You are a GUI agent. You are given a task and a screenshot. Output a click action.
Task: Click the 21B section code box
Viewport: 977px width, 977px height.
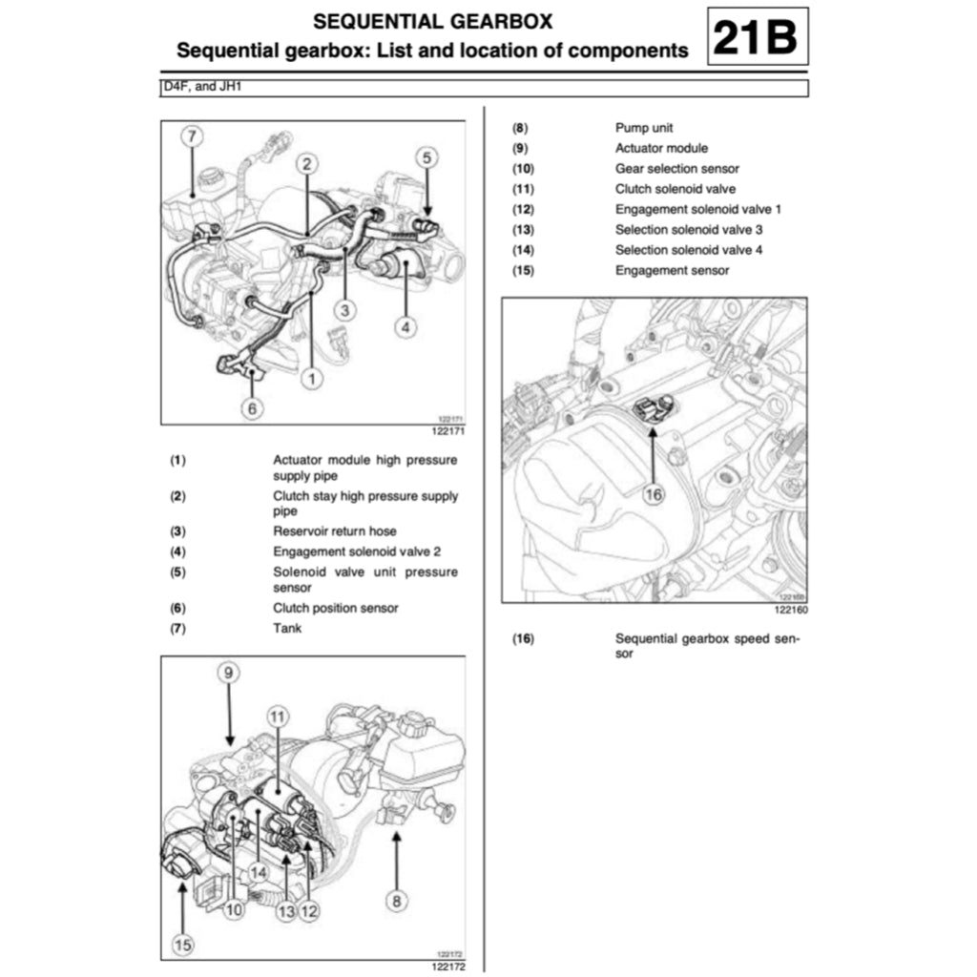(x=758, y=37)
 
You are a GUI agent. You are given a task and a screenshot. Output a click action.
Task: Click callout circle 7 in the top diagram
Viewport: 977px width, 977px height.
(x=192, y=136)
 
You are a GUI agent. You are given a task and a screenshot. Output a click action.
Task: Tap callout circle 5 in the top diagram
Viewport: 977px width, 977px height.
(x=426, y=157)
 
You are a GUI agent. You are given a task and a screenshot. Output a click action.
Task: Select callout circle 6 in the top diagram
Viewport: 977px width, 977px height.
(x=252, y=408)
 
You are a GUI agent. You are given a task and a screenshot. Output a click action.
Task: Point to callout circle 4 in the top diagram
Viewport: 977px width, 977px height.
(x=405, y=327)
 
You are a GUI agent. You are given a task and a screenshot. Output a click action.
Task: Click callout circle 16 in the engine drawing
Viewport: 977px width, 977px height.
(x=653, y=494)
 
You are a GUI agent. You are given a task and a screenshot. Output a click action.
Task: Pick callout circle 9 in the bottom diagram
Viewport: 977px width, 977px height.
(x=228, y=674)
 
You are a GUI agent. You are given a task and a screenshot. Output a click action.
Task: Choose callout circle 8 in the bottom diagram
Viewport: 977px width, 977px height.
(x=396, y=899)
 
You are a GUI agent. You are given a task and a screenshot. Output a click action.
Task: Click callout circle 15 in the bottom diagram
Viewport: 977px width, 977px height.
(x=182, y=945)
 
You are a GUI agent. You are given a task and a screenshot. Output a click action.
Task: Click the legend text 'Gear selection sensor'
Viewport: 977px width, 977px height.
(x=676, y=169)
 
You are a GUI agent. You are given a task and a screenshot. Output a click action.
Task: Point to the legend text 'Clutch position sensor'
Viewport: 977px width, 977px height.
(x=336, y=608)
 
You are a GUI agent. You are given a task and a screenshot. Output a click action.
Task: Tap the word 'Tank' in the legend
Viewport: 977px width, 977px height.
(x=287, y=629)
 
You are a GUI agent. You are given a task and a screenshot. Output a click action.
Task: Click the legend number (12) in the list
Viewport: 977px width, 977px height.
(x=524, y=210)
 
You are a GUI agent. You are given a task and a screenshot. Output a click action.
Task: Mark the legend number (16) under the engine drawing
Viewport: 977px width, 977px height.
(x=524, y=639)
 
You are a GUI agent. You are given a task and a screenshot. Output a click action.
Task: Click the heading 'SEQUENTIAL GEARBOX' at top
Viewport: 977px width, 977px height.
(x=433, y=21)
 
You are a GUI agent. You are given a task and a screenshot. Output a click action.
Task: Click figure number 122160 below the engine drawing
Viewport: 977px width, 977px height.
(x=790, y=610)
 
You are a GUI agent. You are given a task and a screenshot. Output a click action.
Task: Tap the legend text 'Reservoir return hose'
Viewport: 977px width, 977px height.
(x=335, y=530)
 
